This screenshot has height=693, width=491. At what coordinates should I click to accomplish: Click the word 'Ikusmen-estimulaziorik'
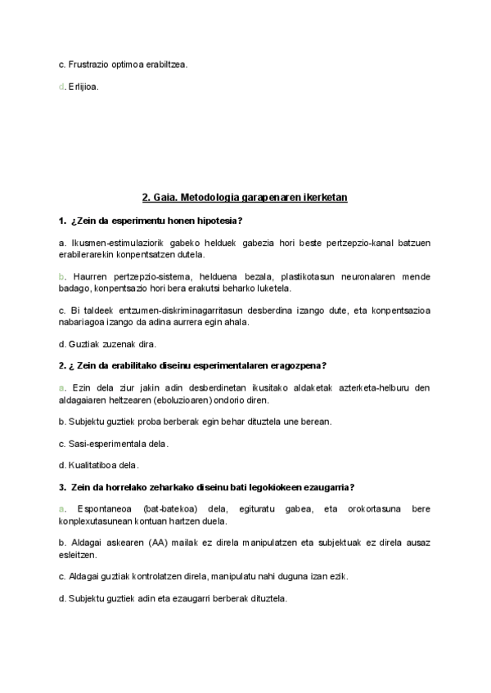click(115, 244)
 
